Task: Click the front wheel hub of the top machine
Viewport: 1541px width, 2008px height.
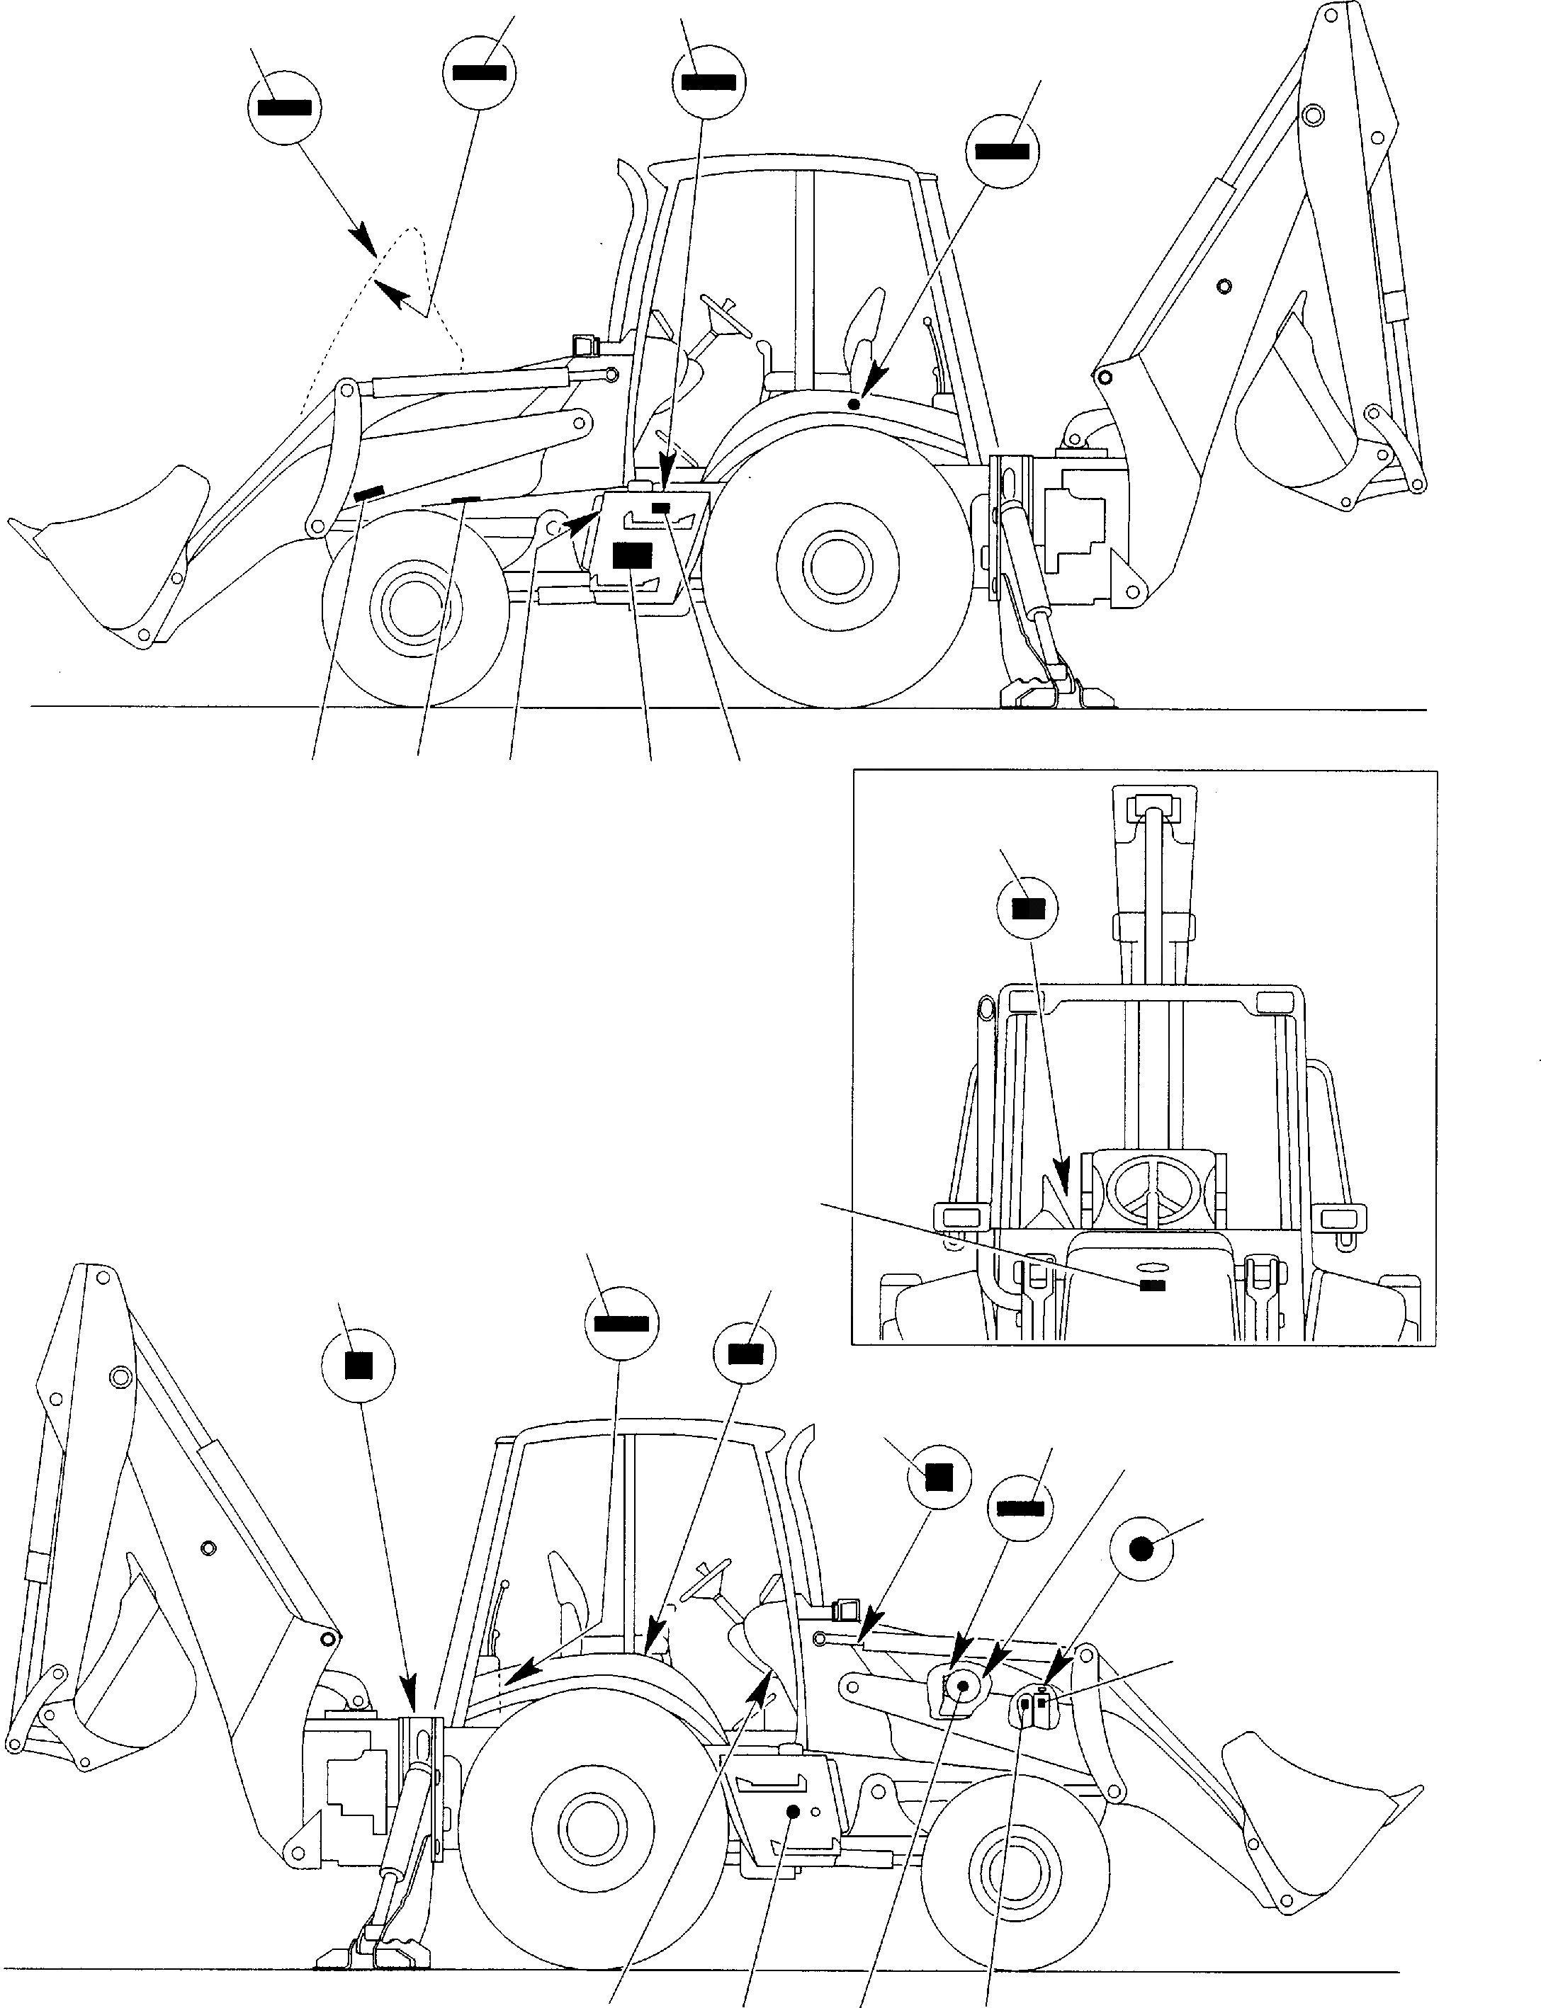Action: click(413, 605)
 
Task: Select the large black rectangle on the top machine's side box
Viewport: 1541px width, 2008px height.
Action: click(632, 555)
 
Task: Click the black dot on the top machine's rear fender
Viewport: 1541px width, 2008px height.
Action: click(854, 404)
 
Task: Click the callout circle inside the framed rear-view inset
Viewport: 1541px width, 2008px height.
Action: click(1027, 909)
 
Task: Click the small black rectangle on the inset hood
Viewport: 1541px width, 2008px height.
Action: click(1152, 1286)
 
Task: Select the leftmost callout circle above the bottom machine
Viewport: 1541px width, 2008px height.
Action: click(358, 1366)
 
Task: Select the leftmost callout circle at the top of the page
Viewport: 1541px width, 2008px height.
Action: click(284, 107)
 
